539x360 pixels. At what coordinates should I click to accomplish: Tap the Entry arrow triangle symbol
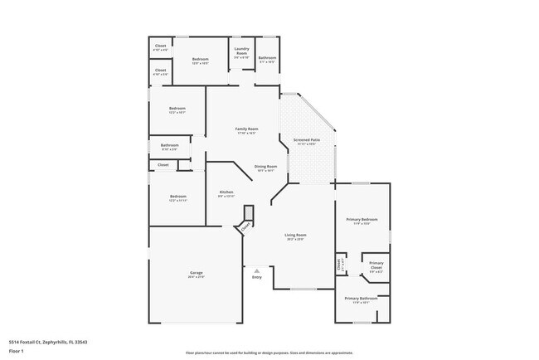click(x=257, y=270)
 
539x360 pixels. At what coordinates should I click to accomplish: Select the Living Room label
click(x=295, y=236)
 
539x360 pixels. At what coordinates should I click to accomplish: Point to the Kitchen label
click(x=226, y=193)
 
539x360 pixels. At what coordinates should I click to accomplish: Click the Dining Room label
click(x=265, y=167)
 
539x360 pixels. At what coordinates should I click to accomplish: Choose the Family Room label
click(x=246, y=130)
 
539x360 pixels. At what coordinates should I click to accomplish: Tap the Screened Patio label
click(x=308, y=141)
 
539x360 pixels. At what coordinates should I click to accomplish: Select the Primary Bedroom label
click(x=362, y=220)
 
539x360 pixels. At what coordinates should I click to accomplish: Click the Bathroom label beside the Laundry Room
click(x=267, y=58)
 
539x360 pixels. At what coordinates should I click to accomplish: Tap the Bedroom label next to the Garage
click(x=177, y=197)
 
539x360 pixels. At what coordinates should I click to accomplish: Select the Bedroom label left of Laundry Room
click(x=201, y=60)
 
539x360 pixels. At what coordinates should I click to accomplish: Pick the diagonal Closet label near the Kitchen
click(x=245, y=224)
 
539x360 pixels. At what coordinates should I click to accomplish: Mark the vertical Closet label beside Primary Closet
click(x=339, y=265)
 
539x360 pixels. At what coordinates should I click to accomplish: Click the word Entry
click(x=257, y=277)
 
